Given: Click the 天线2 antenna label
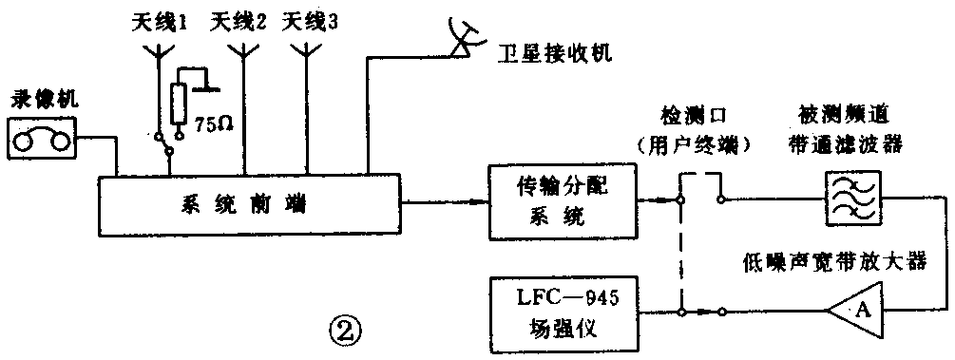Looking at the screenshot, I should pos(239,20).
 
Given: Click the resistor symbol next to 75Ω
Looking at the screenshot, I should pos(179,104).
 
